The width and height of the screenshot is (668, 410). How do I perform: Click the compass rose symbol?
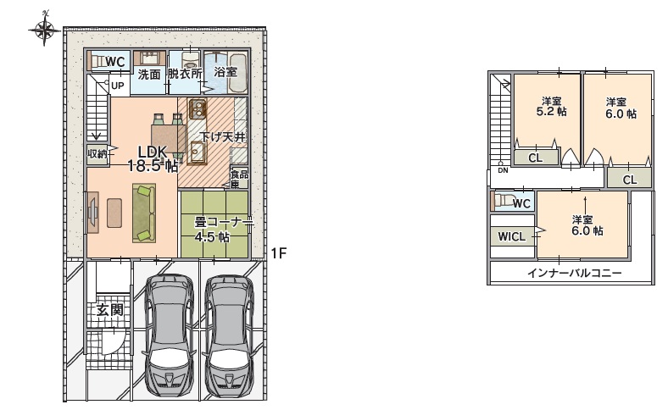point(44,29)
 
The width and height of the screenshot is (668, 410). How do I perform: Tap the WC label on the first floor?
point(115,62)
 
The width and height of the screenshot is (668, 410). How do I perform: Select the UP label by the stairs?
point(118,86)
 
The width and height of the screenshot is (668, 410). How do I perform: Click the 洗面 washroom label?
point(149,75)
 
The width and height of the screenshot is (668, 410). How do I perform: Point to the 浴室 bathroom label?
point(225,71)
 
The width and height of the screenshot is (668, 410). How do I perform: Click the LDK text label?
point(152,151)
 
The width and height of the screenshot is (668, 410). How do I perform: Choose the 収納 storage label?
point(97,153)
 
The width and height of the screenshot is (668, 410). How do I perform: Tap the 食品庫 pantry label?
point(239,179)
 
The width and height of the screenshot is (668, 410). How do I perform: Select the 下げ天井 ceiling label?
point(223,137)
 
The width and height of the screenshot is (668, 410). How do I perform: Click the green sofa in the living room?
point(144,213)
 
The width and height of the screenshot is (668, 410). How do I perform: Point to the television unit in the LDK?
point(93,213)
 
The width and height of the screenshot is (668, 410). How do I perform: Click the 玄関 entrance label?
point(110,309)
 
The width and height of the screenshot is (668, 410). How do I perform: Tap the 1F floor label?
point(279,254)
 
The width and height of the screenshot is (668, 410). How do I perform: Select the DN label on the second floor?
point(504,170)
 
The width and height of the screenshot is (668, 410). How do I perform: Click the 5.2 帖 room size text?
point(551,112)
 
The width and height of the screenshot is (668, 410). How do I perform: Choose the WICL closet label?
point(512,236)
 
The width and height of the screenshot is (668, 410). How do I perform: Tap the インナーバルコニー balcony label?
point(574,273)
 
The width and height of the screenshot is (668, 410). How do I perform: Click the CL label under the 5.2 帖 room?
point(536,158)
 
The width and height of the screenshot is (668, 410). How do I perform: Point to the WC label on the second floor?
point(521,203)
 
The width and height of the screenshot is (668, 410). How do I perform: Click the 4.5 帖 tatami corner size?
point(212,236)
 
